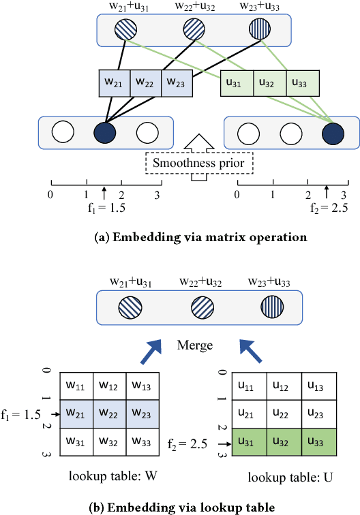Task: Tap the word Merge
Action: (194, 345)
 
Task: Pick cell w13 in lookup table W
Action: (142, 386)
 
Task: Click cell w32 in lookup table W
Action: (108, 440)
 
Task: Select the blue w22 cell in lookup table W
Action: (108, 413)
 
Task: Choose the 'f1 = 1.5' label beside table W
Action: (22, 413)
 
